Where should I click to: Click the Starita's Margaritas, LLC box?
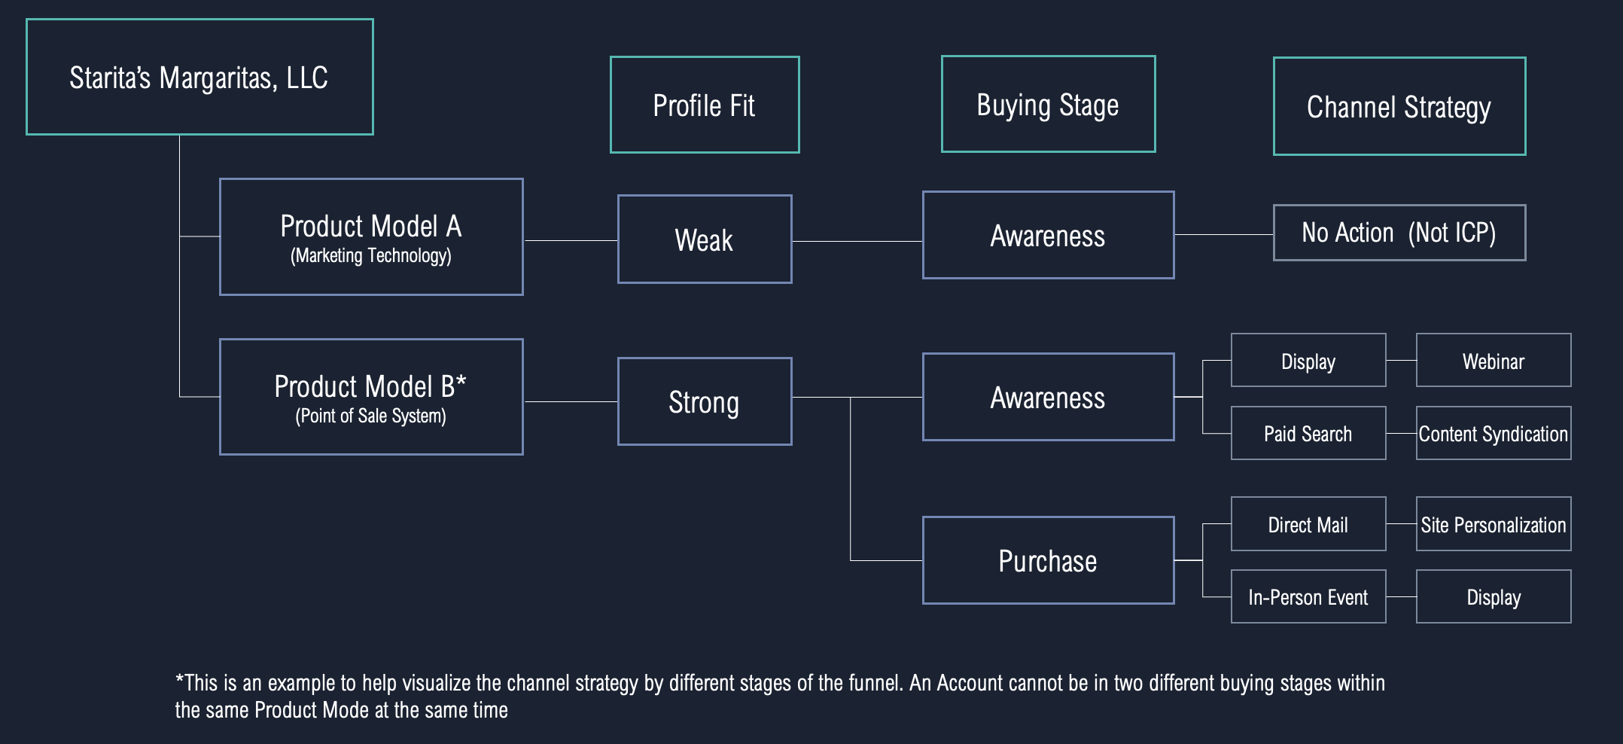point(199,77)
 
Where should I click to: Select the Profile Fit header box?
point(705,105)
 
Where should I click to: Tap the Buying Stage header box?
point(1048,104)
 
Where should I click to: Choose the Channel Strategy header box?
point(1399,106)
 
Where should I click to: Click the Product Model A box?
point(371,236)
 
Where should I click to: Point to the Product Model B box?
point(371,397)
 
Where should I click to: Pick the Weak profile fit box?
point(705,239)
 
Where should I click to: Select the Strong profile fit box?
point(705,401)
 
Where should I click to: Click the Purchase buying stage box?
point(1048,560)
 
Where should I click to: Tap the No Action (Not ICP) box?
point(1399,233)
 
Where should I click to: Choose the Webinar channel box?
point(1494,360)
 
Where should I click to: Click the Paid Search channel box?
point(1308,433)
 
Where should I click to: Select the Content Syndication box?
point(1494,433)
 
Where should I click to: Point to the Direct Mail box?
point(1308,523)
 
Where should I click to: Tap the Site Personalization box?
point(1494,523)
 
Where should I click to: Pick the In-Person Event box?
point(1308,596)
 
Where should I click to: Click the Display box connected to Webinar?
point(1308,360)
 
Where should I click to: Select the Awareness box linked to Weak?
point(1048,235)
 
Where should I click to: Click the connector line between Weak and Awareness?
point(857,241)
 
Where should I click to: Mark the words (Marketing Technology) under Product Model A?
point(371,256)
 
